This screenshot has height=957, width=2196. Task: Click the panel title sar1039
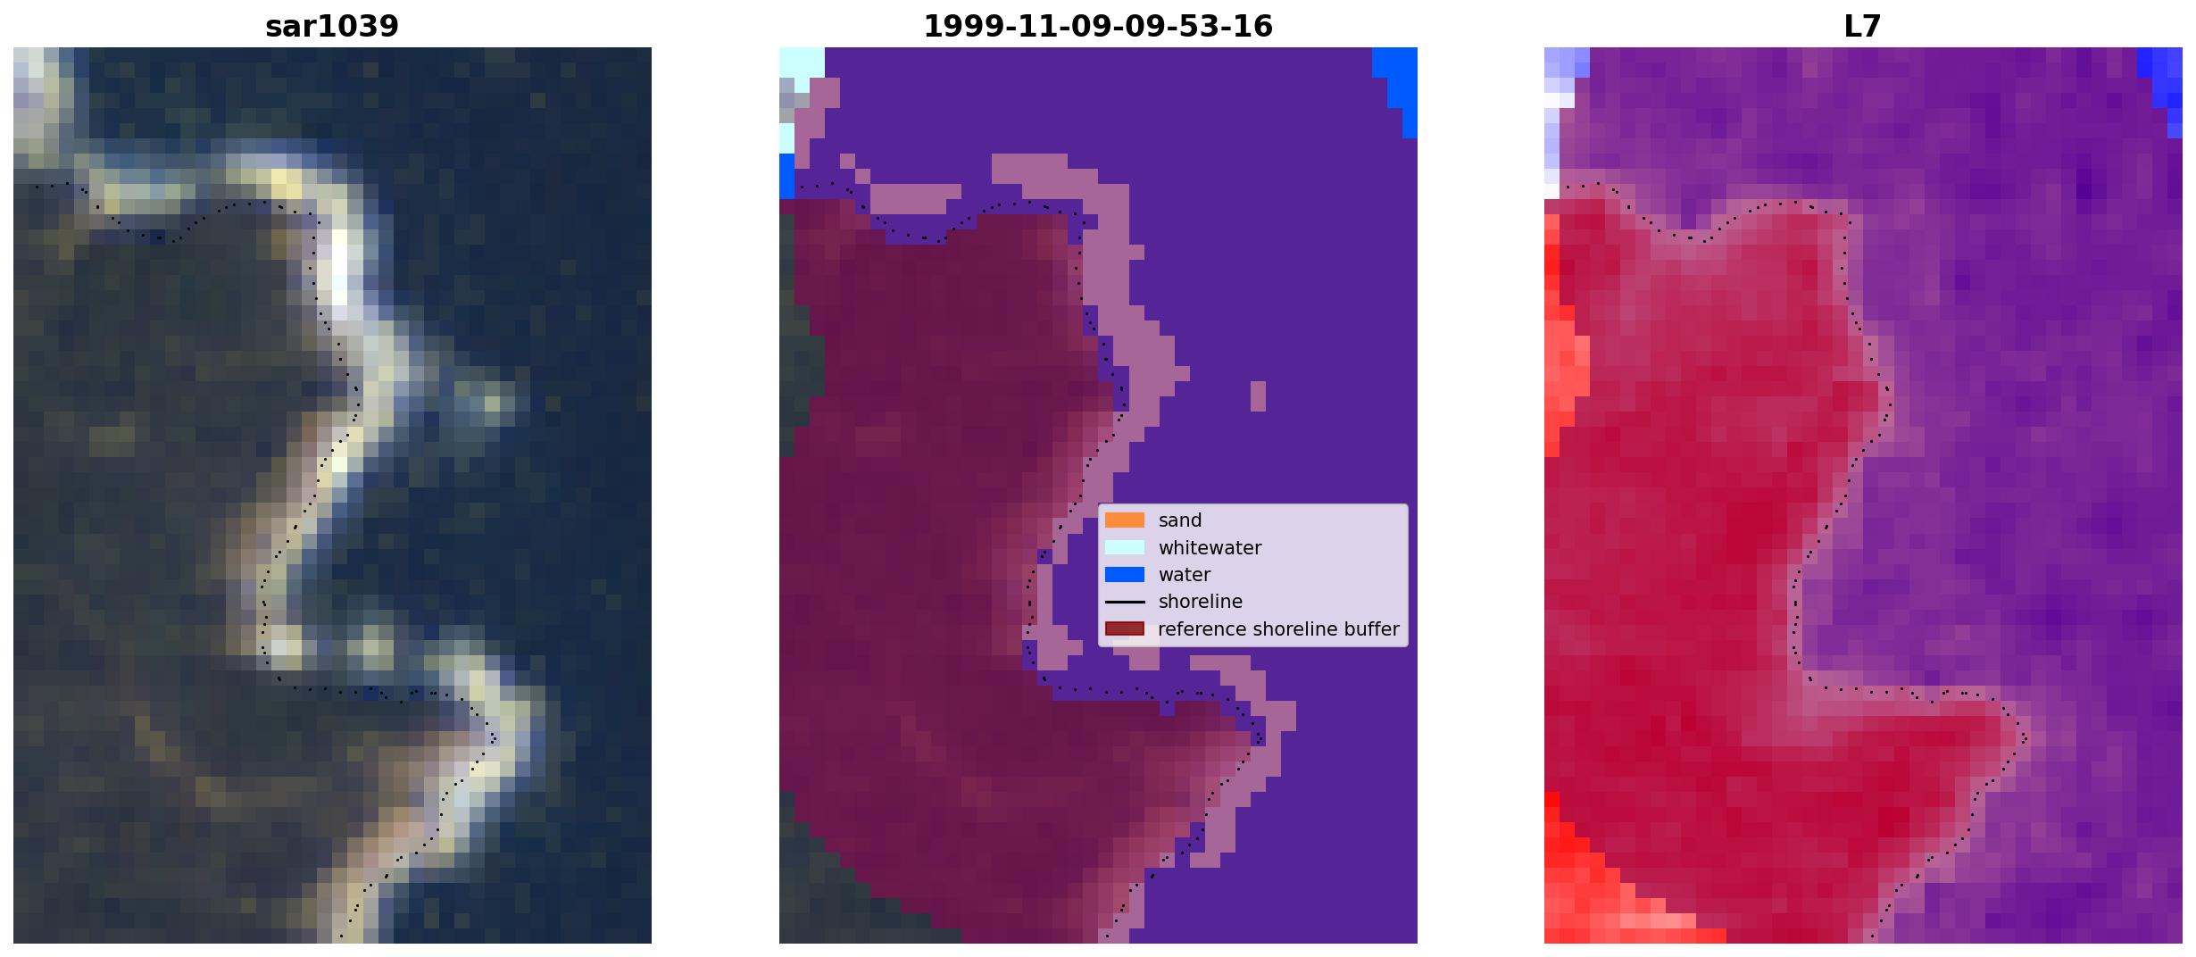(x=332, y=26)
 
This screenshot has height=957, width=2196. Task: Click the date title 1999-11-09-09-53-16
(x=1098, y=26)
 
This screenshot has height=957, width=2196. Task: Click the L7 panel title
(x=1863, y=26)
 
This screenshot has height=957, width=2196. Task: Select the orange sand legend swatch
(x=1125, y=520)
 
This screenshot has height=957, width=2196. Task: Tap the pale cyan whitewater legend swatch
(x=1125, y=547)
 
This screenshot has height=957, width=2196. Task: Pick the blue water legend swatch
(x=1125, y=575)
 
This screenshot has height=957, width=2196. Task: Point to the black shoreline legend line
(x=1125, y=603)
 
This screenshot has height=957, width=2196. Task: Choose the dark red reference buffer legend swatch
(x=1125, y=629)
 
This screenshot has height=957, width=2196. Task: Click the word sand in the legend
(x=1180, y=520)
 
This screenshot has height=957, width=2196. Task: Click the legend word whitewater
(x=1210, y=548)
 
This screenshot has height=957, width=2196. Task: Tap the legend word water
(x=1185, y=575)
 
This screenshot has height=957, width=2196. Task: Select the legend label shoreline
(x=1201, y=602)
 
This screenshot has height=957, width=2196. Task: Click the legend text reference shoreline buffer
(x=1278, y=629)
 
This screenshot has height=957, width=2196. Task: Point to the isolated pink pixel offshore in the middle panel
(x=1258, y=396)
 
